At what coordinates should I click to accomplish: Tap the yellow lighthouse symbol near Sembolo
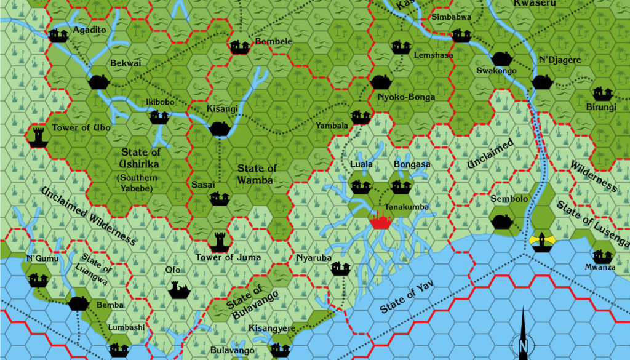click(541, 241)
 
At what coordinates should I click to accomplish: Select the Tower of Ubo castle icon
click(39, 137)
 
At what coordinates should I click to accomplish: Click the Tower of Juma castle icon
click(220, 242)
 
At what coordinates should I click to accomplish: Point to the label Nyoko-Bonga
click(406, 97)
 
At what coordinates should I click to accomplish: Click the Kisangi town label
click(222, 109)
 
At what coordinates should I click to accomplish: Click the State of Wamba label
click(257, 174)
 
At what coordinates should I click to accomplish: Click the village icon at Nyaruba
click(339, 268)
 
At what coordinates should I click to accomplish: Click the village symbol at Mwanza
click(601, 255)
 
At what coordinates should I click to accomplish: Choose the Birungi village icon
click(602, 94)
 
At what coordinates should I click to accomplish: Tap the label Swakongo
click(496, 71)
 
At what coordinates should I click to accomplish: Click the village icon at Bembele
click(239, 47)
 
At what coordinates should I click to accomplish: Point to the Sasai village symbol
click(220, 198)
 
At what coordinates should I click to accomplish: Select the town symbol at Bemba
click(78, 303)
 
